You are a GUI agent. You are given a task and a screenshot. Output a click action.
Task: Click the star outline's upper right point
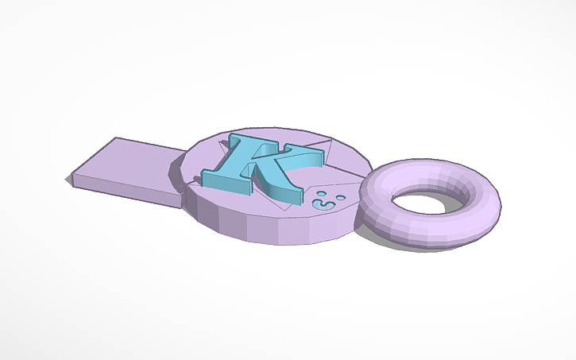[x=325, y=144]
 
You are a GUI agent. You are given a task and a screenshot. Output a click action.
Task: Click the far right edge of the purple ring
[x=500, y=203]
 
